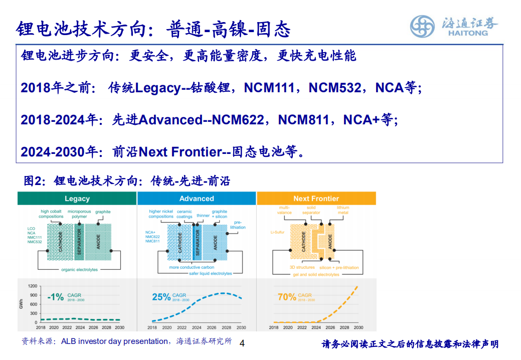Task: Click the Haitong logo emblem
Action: [x=422, y=26]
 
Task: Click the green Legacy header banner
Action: [x=77, y=198]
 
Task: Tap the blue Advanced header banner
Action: [x=197, y=198]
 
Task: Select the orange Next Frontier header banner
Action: [x=316, y=198]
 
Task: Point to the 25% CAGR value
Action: [x=161, y=297]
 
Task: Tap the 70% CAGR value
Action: [x=286, y=297]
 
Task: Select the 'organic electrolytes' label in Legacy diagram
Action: [x=79, y=270]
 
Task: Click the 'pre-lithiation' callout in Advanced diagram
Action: [x=238, y=225]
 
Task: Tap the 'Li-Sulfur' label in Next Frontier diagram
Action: [x=277, y=232]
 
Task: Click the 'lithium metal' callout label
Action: [x=343, y=210]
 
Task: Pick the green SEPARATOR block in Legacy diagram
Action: [x=79, y=242]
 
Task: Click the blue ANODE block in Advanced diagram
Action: [x=215, y=242]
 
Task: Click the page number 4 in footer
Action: [x=243, y=343]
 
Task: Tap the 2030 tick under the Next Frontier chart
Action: [x=358, y=327]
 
